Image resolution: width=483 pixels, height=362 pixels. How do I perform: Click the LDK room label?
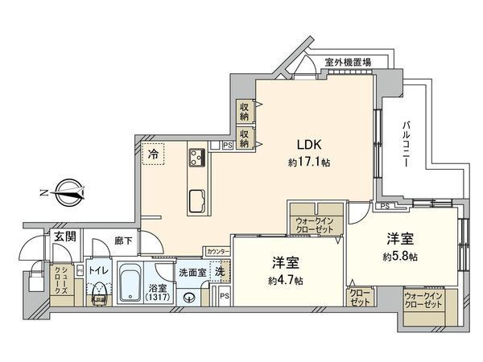coord(310,145)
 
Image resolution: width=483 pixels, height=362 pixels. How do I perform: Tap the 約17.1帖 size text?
coord(310,162)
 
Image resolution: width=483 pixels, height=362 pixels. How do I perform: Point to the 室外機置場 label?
coord(348,61)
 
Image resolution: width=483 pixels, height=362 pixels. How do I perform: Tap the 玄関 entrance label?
coord(64,237)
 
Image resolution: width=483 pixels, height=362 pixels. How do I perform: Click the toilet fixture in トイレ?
coord(99,290)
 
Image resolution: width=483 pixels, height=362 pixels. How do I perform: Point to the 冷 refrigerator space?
coord(152,153)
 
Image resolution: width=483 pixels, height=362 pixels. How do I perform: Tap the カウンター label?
coord(217,251)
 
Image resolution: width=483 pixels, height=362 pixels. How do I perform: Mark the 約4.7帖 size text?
coord(286,280)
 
